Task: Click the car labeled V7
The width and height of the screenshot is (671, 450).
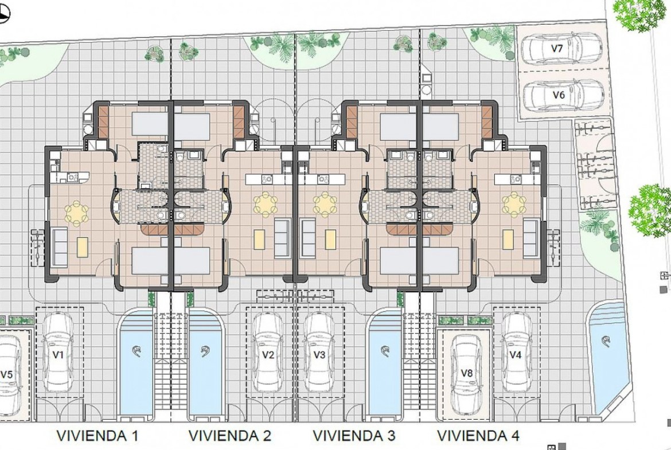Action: point(561,48)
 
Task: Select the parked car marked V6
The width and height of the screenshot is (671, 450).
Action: point(564,95)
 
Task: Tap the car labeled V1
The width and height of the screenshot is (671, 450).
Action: point(58,353)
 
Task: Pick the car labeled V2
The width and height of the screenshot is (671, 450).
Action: point(267,353)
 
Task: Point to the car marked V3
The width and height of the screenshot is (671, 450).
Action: point(319,353)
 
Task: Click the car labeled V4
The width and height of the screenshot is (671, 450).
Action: point(516,353)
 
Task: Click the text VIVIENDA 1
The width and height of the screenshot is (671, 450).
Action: point(97,436)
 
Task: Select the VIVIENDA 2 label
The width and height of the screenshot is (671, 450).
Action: point(230,436)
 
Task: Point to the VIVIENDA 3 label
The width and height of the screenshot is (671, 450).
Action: point(354,436)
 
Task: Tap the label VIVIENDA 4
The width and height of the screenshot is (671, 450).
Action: point(478,436)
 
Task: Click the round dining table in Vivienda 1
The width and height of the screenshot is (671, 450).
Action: point(77,213)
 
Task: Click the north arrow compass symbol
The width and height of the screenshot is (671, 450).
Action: point(4,14)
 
